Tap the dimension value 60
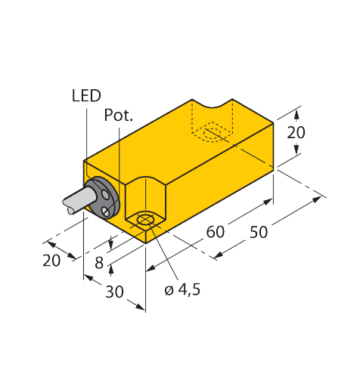216,231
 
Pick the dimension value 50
259,232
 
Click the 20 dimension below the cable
51,261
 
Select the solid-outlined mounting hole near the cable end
144,222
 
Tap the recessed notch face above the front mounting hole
144,198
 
